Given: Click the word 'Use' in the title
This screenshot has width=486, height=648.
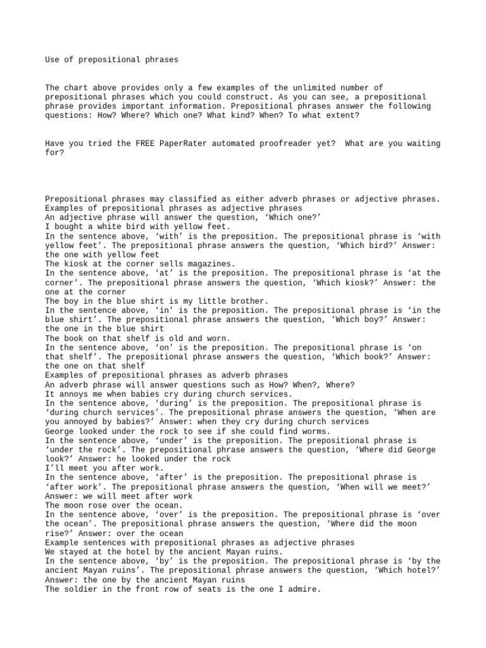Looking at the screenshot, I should (53, 59).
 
